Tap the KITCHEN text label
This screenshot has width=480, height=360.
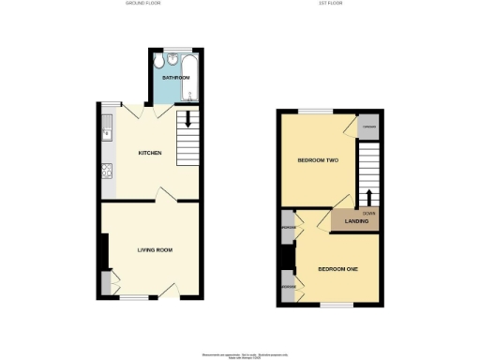coord(150,153)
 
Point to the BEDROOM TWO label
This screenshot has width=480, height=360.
coord(318,160)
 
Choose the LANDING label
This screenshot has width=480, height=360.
coord(355,221)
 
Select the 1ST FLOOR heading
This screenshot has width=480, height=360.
coord(330,4)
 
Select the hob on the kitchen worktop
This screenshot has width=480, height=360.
coord(108,171)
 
